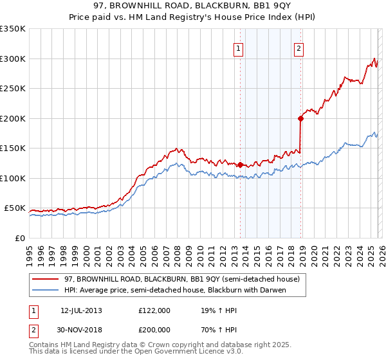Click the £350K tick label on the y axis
click(13, 29)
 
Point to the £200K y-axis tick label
click(13, 118)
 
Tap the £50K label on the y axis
click(15, 208)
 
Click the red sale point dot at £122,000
click(240, 165)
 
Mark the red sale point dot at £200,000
click(300, 118)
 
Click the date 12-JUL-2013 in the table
click(80, 310)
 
